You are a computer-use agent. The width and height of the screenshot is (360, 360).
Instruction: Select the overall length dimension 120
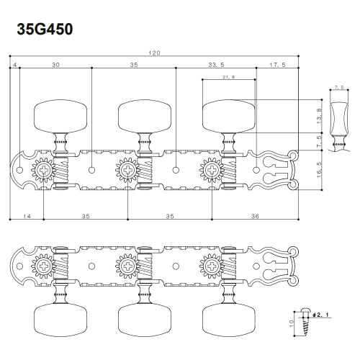[155, 53]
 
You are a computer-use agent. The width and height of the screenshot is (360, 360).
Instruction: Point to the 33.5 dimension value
[216, 65]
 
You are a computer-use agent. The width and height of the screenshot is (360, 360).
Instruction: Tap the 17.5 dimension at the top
[276, 65]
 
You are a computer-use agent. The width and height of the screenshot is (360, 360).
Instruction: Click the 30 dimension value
[55, 65]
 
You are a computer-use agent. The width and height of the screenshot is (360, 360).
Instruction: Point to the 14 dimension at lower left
[27, 215]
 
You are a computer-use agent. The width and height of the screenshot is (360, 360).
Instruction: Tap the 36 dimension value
[256, 215]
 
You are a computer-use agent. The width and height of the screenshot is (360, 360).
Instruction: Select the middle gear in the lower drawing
[127, 264]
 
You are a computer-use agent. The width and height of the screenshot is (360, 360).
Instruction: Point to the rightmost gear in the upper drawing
[212, 171]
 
